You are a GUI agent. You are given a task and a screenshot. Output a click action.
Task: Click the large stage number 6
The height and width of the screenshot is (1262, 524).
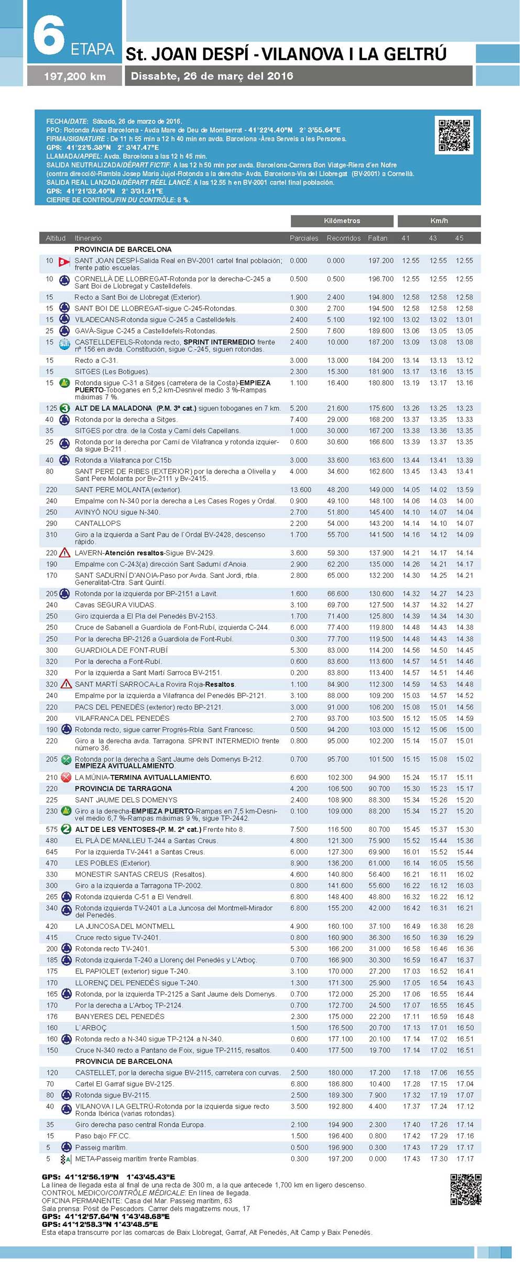pyautogui.click(x=49, y=36)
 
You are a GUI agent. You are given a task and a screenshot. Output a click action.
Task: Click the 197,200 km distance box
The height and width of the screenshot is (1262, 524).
pyautogui.click(x=75, y=76)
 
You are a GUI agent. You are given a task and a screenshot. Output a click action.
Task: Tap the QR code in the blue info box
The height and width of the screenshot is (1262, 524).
pyautogui.click(x=454, y=135)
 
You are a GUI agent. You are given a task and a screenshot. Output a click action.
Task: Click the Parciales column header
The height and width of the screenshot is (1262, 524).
pyautogui.click(x=304, y=238)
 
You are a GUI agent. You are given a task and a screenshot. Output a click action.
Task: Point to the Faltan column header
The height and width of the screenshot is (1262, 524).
pyautogui.click(x=377, y=238)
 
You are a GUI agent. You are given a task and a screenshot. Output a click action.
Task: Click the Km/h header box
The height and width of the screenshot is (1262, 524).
pyautogui.click(x=439, y=221)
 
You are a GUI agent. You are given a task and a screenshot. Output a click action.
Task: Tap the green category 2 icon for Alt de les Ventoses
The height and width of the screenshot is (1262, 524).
pyautogui.click(x=65, y=829)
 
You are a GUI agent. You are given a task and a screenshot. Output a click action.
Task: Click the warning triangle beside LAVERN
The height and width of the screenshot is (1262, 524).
pyautogui.click(x=64, y=553)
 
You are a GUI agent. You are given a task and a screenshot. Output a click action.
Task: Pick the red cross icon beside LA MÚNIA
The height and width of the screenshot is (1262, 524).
pyautogui.click(x=65, y=777)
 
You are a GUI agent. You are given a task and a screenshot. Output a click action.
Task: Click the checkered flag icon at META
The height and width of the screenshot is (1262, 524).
pyautogui.click(x=65, y=1159)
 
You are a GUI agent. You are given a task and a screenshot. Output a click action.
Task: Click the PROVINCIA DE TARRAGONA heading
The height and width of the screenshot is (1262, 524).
pyautogui.click(x=123, y=788)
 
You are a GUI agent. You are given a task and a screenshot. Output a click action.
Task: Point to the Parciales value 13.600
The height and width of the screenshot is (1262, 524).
pyautogui.click(x=300, y=490)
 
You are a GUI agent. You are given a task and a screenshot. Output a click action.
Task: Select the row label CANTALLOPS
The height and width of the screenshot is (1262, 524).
pyautogui.click(x=97, y=523)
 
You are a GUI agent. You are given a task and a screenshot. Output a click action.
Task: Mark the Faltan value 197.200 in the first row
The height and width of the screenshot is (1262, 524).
pyautogui.click(x=380, y=260)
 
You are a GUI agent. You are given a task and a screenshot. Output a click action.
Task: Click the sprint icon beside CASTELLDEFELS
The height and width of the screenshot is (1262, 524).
pyautogui.click(x=64, y=344)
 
